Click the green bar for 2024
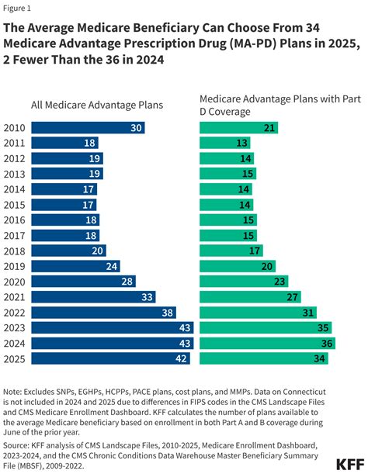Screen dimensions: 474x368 266,344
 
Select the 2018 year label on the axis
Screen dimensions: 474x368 15,251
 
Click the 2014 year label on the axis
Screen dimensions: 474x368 15,189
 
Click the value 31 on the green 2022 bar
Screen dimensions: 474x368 307,313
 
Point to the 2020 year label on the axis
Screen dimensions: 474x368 15,282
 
